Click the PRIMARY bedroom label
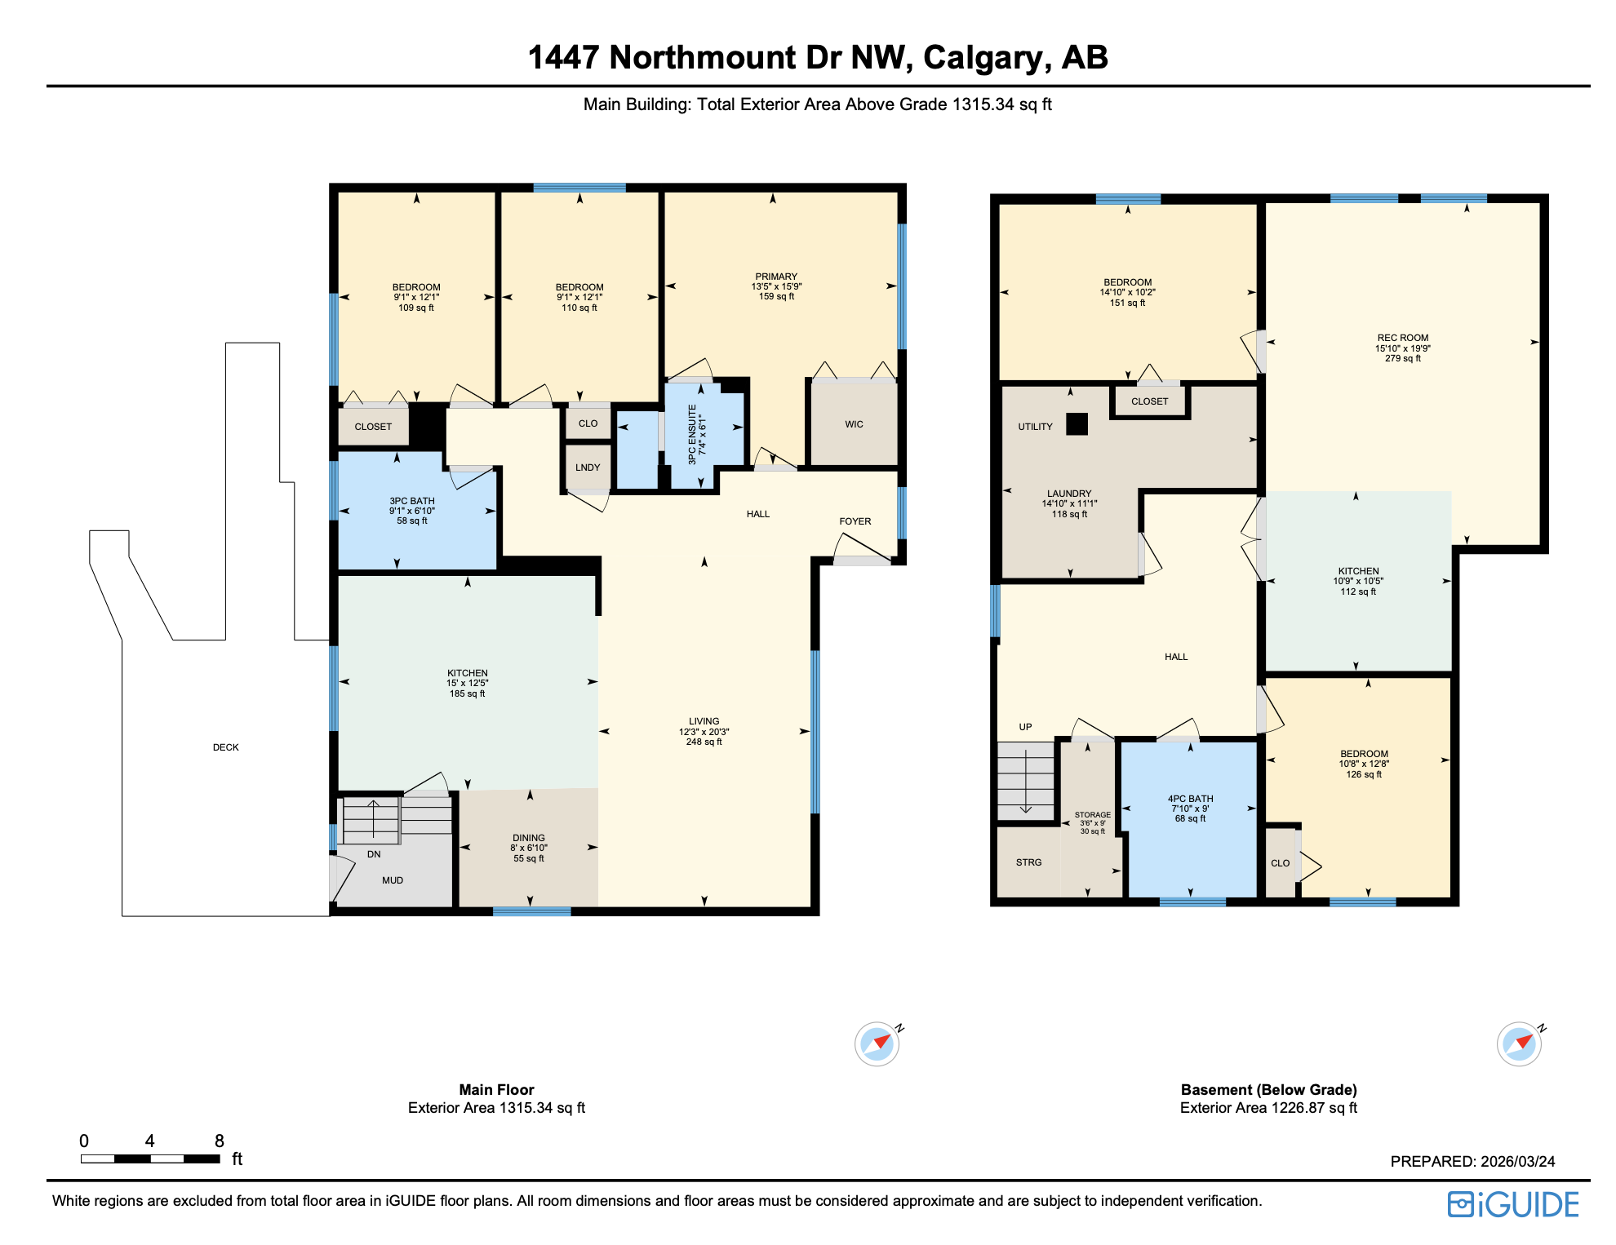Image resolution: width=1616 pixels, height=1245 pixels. point(776,277)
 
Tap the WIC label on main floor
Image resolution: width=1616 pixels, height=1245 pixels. point(854,424)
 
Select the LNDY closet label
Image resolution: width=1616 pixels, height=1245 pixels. point(588,467)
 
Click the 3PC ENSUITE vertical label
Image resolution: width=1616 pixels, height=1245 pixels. point(692,434)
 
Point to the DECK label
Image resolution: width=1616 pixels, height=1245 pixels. point(226,747)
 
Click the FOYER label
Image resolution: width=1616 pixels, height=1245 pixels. point(855,521)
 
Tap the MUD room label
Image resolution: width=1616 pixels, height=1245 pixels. point(393,880)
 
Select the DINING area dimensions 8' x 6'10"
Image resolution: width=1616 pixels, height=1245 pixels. point(529,848)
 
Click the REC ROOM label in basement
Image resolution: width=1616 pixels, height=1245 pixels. point(1402,338)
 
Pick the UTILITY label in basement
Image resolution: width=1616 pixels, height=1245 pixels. point(1035,427)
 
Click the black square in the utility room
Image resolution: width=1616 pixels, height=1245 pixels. point(1077,424)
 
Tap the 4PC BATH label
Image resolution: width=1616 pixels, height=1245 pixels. point(1190,799)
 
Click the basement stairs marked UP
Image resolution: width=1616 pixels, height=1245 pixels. point(1025,779)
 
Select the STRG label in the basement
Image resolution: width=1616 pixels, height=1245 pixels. point(1028,862)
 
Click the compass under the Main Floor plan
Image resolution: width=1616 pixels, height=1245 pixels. point(877,1043)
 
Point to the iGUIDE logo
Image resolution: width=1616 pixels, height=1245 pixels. point(1513,1205)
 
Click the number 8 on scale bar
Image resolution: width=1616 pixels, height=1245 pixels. point(219,1141)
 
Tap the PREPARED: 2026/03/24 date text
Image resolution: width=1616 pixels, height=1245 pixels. point(1472,1162)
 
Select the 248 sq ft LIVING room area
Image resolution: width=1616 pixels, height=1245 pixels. point(704,742)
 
